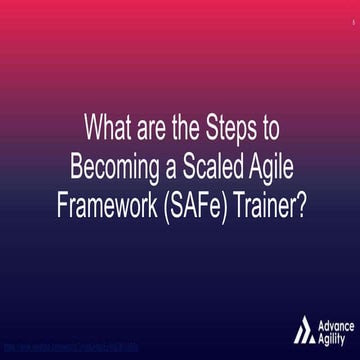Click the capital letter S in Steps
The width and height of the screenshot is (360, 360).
214,129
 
